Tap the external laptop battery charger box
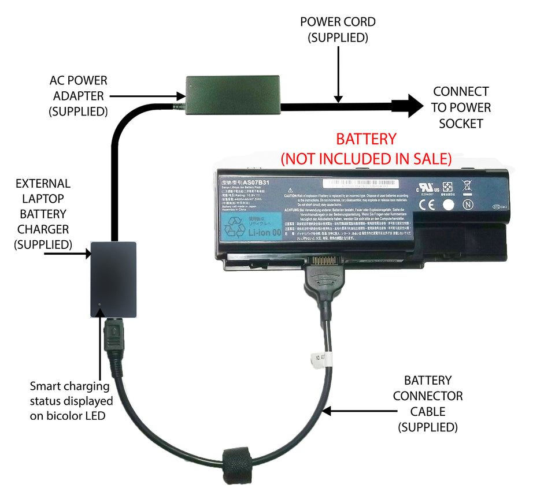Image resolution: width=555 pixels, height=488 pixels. pyautogui.click(x=114, y=280)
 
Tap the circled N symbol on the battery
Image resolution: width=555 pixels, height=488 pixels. pyautogui.click(x=468, y=204)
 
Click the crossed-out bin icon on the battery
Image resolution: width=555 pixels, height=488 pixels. pyautogui.click(x=467, y=186)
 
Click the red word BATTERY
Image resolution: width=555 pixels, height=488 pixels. pyautogui.click(x=367, y=139)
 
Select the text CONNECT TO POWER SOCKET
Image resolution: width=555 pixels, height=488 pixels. pyautogui.click(x=461, y=107)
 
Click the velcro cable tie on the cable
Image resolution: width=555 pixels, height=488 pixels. pyautogui.click(x=237, y=460)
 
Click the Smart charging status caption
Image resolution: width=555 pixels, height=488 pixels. pyautogui.click(x=71, y=400)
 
